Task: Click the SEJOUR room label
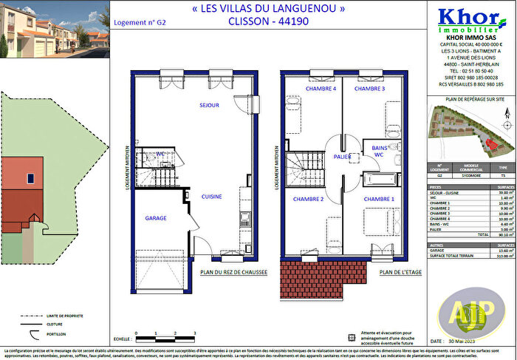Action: [x=209, y=106]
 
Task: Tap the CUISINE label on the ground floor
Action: [x=213, y=197]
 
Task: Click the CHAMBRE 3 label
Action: [x=369, y=89]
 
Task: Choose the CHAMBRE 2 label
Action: [x=308, y=199]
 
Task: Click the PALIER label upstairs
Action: [x=342, y=157]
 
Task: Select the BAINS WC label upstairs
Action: [x=378, y=152]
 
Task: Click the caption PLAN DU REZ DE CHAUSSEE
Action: [x=233, y=272]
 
